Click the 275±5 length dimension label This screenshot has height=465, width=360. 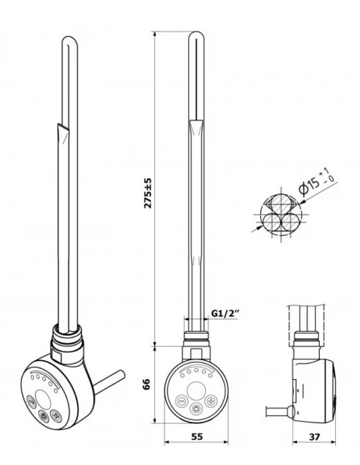pyautogui.click(x=148, y=193)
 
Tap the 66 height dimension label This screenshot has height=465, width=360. pyautogui.click(x=147, y=384)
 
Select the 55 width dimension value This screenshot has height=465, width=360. pyautogui.click(x=197, y=437)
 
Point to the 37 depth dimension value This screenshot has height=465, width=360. pyautogui.click(x=315, y=437)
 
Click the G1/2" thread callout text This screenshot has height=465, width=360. pyautogui.click(x=225, y=313)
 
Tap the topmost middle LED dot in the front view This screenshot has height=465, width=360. pyautogui.click(x=196, y=370)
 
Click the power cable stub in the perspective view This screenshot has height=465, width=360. pyautogui.click(x=110, y=382)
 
